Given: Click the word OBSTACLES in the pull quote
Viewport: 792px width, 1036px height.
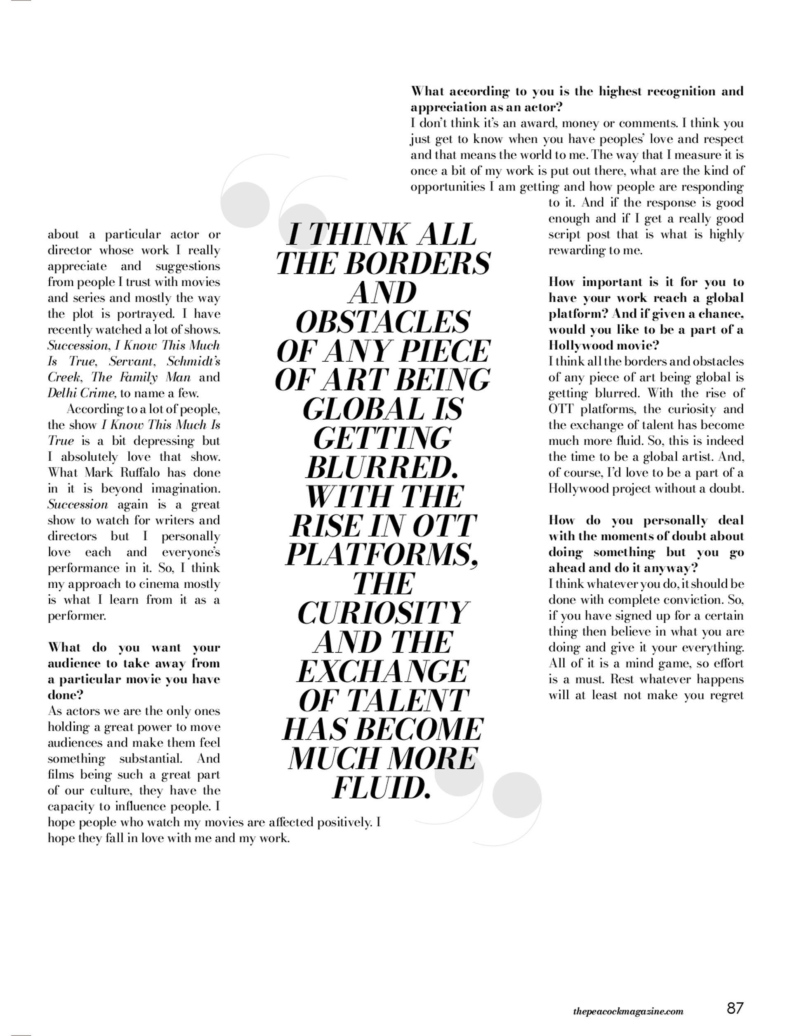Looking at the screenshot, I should click(x=382, y=322).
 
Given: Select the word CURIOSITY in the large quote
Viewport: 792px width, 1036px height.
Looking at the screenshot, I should click(x=382, y=613).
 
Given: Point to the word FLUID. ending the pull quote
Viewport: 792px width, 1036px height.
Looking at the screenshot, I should click(x=382, y=788).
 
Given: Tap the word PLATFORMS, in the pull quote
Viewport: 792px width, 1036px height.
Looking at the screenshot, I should click(x=382, y=555).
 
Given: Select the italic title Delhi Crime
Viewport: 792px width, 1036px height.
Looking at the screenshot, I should click(x=81, y=393).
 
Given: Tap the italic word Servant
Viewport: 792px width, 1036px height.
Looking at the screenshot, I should click(x=132, y=362).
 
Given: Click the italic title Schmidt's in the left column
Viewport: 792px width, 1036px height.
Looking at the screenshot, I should click(x=193, y=362).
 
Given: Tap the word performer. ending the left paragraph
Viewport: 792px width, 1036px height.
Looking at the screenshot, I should click(x=77, y=616).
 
